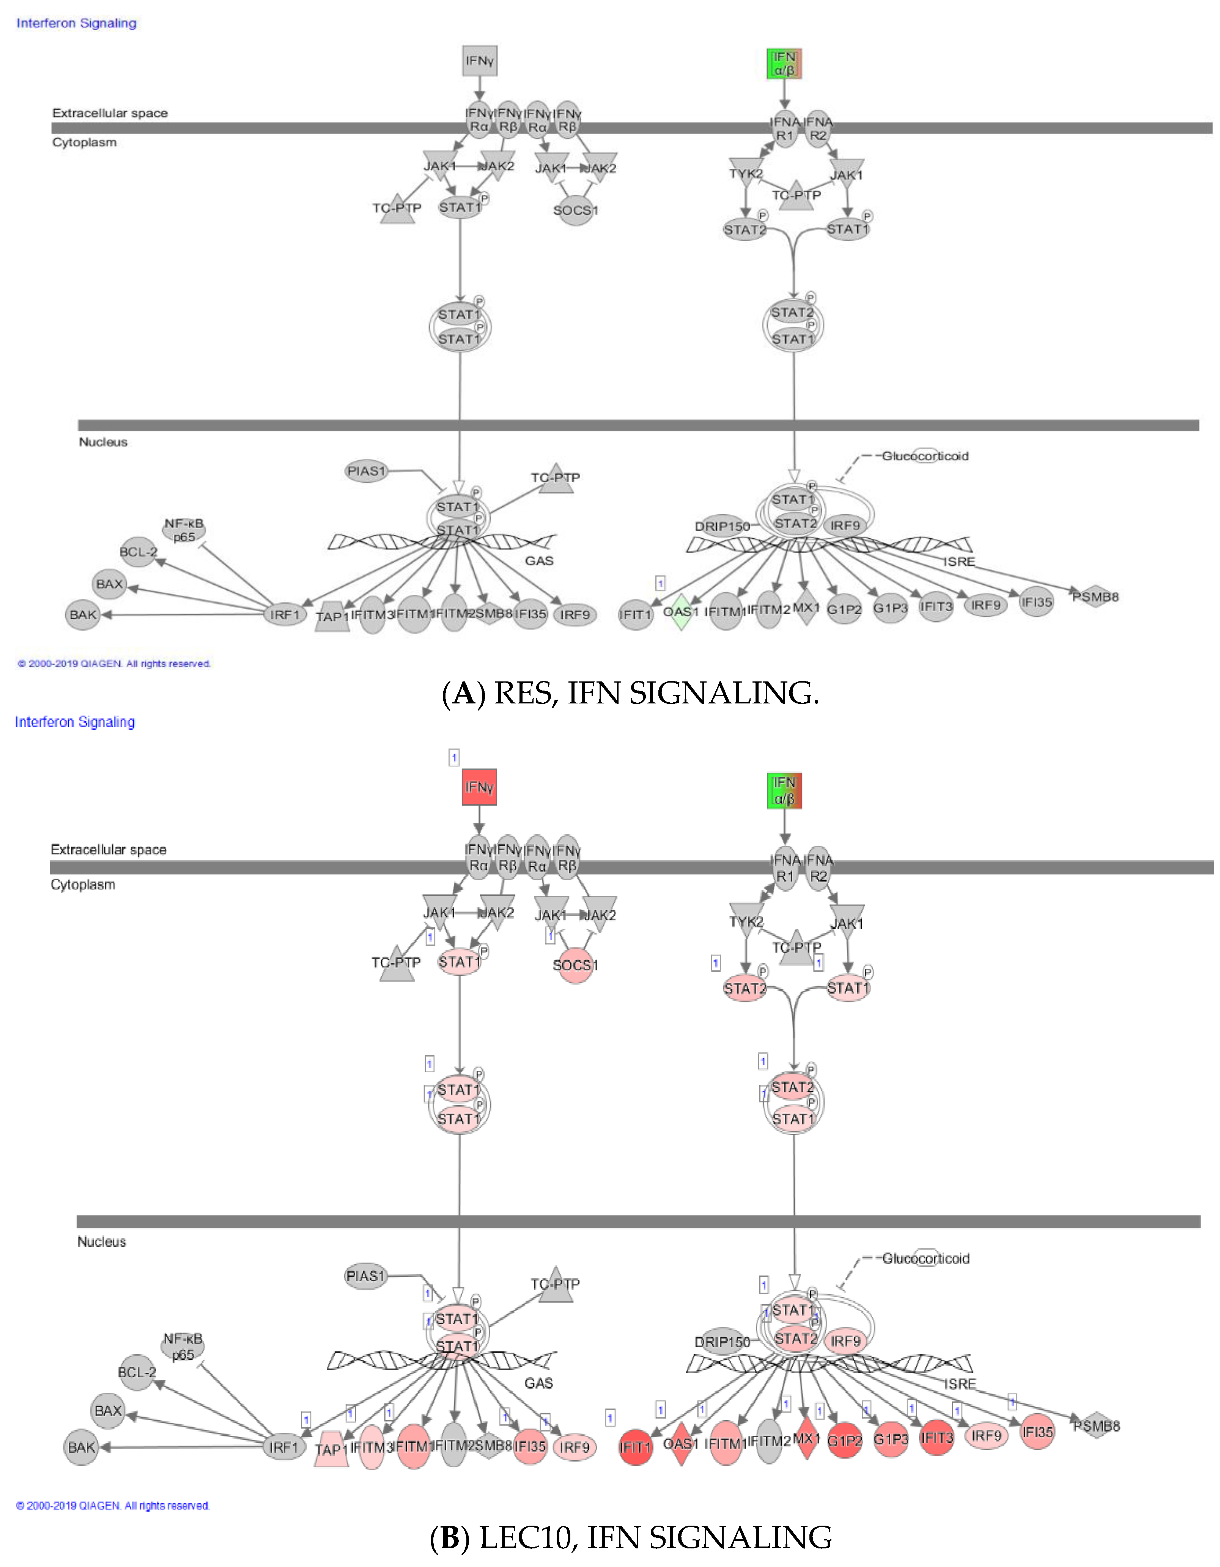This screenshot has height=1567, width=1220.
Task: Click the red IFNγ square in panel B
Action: [x=479, y=787]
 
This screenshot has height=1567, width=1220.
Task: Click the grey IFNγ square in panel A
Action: [x=479, y=61]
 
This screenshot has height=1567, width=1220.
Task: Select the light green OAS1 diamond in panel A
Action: [x=680, y=612]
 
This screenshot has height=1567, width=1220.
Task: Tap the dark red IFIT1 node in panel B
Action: [x=635, y=1446]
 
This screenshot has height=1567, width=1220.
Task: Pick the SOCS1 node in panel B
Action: [x=575, y=965]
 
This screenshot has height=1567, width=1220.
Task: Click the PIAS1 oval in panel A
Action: [x=366, y=471]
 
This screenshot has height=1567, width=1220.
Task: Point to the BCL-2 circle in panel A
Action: [x=138, y=552]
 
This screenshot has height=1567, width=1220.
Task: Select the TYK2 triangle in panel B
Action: [x=746, y=919]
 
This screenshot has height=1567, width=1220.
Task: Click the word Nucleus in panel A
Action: [x=102, y=442]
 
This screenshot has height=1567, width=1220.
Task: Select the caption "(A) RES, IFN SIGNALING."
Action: [x=630, y=693]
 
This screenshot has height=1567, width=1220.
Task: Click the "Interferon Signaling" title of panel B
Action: [x=75, y=722]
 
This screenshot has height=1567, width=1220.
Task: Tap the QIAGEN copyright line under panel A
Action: [x=113, y=664]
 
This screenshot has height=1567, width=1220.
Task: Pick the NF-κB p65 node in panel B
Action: [x=183, y=1347]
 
